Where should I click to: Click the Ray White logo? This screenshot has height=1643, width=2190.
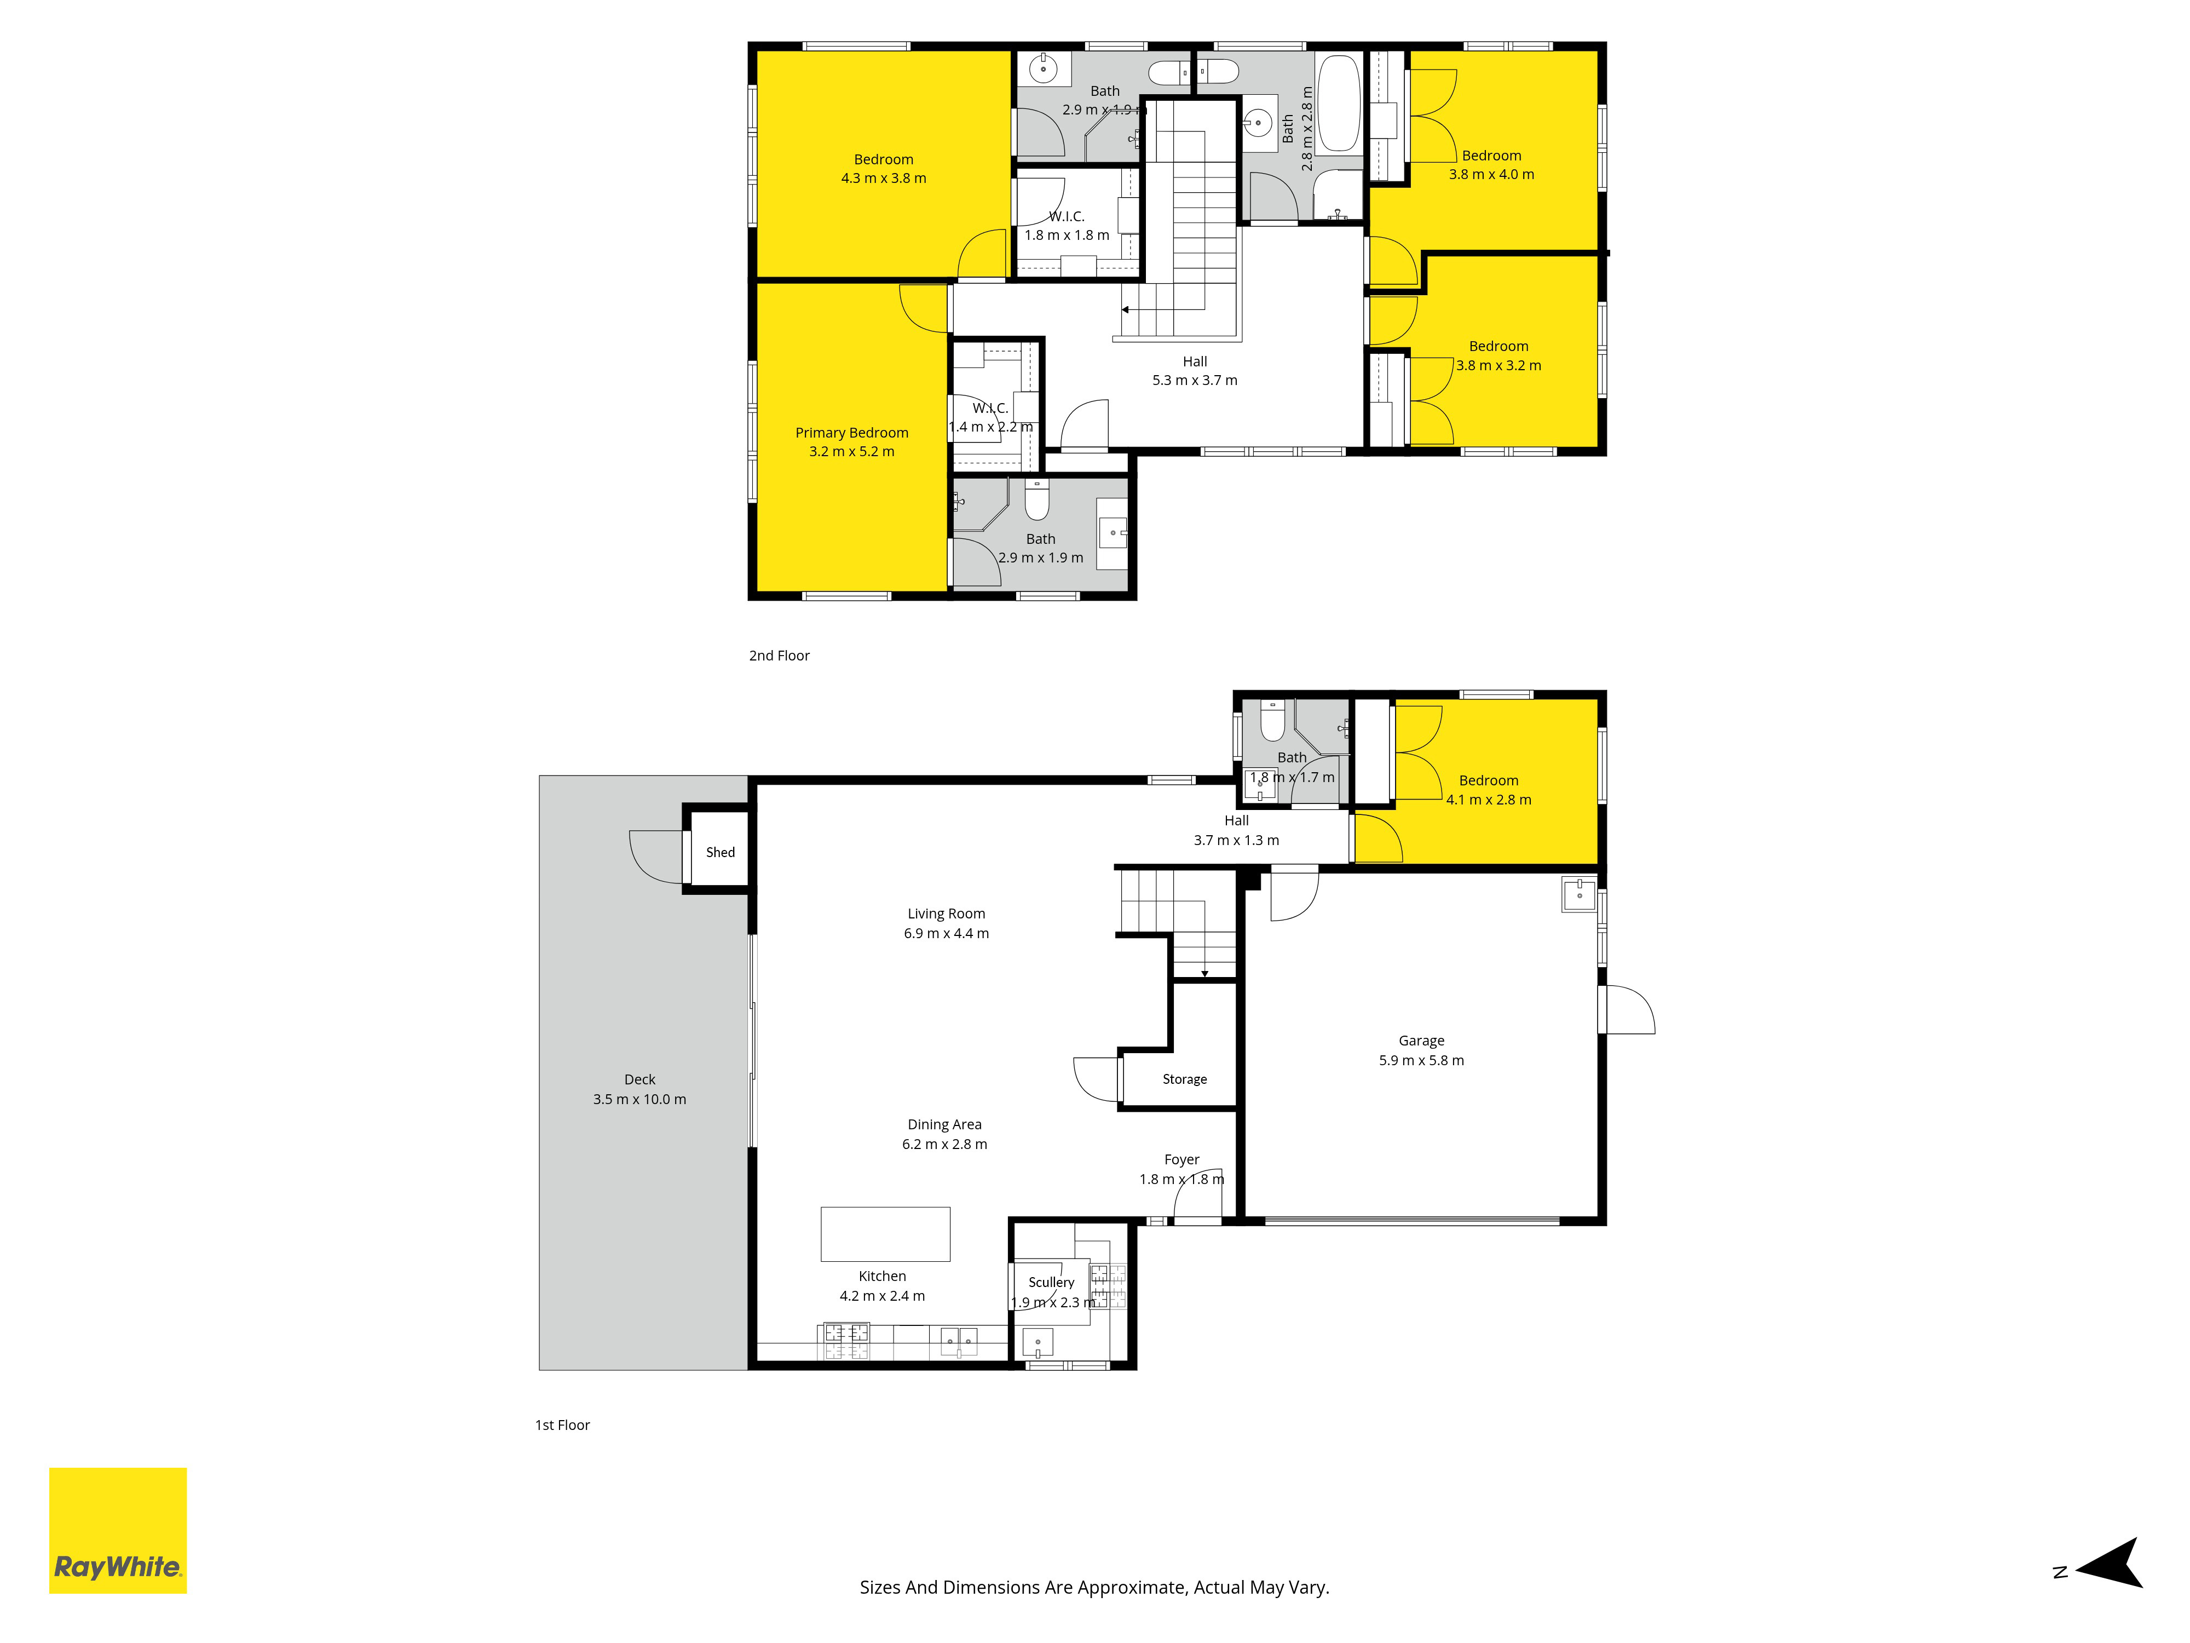118,1530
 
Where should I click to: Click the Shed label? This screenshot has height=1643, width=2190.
721,852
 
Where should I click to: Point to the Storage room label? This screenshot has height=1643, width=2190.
1184,1079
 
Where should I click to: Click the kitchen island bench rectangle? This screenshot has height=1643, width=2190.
885,1234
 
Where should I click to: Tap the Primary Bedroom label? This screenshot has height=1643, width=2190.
851,433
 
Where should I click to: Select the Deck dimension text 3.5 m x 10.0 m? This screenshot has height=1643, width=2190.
639,1099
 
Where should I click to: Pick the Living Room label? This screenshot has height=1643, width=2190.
947,914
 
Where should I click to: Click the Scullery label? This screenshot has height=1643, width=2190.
1051,1283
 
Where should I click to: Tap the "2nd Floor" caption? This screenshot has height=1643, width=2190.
779,656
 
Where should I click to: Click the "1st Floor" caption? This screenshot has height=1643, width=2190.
562,1425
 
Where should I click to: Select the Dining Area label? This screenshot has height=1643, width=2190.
944,1125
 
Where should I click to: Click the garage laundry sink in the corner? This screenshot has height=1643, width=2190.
1579,894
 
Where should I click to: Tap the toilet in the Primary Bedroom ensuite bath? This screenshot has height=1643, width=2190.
1036,500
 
